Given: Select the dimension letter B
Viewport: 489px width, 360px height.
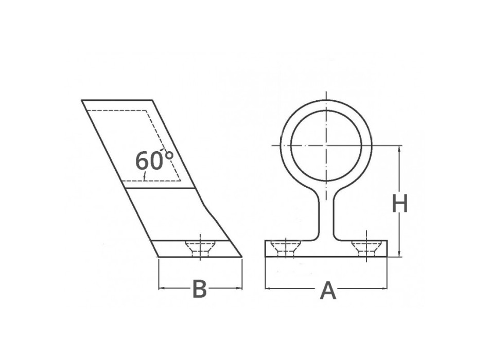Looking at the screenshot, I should (x=199, y=290).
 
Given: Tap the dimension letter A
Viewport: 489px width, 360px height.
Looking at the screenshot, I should (x=328, y=291).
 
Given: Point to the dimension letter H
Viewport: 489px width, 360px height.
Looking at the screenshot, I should (x=400, y=204).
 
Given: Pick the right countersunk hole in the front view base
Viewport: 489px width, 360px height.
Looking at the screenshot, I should (x=367, y=248).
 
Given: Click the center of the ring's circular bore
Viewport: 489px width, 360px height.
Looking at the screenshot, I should (x=325, y=146).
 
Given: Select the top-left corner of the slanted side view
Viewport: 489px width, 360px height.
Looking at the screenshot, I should (x=82, y=100).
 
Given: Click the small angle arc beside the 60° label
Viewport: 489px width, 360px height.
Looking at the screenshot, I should (x=146, y=176).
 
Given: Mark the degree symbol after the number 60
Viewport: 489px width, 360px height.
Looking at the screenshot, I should (x=169, y=155).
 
